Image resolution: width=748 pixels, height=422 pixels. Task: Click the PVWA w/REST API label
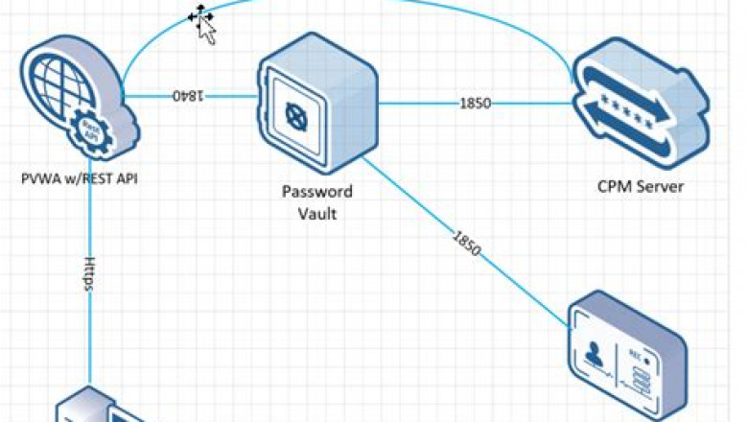coord(81,177)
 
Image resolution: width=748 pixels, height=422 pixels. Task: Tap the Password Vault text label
coord(316,201)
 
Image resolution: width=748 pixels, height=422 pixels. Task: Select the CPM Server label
coord(641,187)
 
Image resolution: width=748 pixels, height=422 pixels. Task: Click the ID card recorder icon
coord(628,355)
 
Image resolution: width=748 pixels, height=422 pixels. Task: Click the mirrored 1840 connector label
coord(189,97)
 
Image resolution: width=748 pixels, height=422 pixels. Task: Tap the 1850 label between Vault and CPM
coord(476,102)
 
